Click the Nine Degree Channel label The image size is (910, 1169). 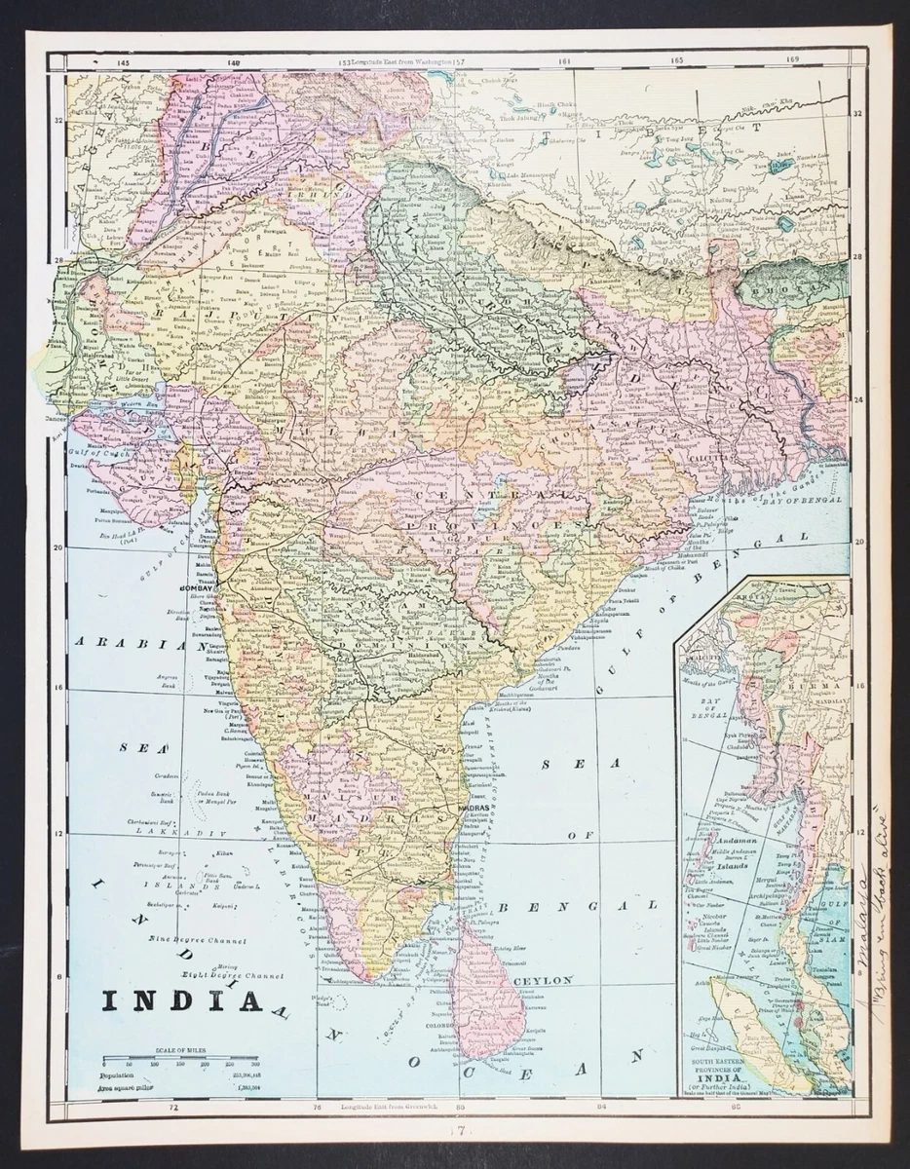pyautogui.click(x=197, y=940)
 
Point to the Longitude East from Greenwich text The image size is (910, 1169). pyautogui.click(x=394, y=1108)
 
